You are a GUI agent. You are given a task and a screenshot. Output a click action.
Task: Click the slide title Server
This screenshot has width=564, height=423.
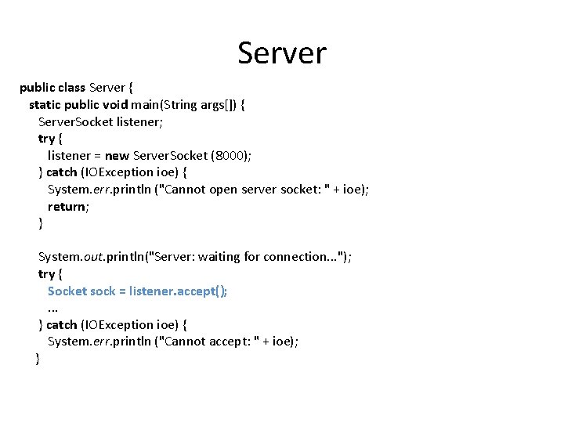point(282,53)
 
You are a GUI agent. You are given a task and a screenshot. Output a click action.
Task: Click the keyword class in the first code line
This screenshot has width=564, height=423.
point(71,88)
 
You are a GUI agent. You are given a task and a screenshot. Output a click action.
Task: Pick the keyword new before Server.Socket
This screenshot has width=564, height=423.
point(117,155)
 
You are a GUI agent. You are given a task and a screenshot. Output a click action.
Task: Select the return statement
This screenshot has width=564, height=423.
point(67,206)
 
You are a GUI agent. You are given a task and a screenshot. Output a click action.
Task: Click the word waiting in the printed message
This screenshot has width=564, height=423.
point(225,257)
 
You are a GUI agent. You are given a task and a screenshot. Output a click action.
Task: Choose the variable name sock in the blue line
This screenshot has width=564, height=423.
point(103,291)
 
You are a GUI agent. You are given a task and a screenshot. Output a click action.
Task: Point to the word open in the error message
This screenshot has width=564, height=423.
point(223,189)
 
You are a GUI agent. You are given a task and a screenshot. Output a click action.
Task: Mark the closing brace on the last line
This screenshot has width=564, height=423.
point(38,359)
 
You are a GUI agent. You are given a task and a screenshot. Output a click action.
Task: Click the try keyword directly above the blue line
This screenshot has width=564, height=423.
point(46,273)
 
